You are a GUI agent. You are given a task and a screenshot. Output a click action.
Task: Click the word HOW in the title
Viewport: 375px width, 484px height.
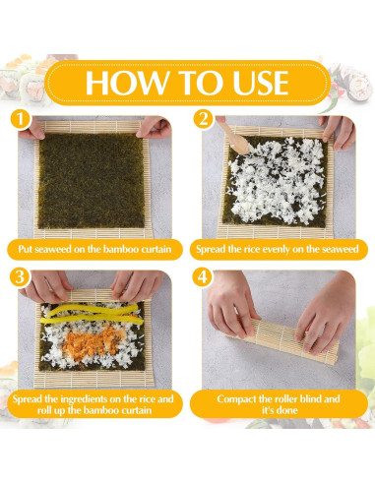coord(116,82)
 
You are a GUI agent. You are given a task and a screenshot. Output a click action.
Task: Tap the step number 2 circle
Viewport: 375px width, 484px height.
coord(203,119)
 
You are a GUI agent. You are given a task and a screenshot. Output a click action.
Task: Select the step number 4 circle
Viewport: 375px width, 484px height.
coord(203,278)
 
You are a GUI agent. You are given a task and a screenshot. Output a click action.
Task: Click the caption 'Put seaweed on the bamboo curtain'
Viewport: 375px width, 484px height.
coord(94,250)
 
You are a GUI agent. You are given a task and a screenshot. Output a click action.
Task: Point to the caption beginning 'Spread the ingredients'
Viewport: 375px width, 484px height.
coord(94,407)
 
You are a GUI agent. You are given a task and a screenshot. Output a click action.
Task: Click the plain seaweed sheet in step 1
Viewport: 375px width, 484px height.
coord(94,177)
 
